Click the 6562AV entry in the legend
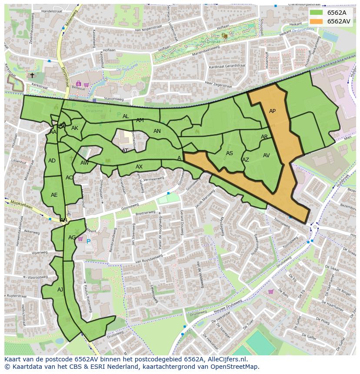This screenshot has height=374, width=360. (x=339, y=21)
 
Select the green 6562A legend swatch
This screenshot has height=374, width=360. (x=317, y=13)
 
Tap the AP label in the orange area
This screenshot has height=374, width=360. (x=272, y=111)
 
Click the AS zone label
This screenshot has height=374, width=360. (x=230, y=153)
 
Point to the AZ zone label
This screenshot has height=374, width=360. (x=246, y=160)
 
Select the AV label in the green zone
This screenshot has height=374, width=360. (x=267, y=156)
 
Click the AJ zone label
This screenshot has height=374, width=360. (x=60, y=289)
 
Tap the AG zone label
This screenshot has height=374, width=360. (x=72, y=238)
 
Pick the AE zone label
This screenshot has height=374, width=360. (x=54, y=195)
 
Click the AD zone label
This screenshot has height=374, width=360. (x=52, y=161)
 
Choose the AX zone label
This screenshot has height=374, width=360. (x=139, y=167)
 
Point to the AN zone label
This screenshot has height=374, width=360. (x=157, y=131)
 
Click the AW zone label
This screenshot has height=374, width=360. (x=84, y=163)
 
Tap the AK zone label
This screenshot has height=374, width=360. (x=75, y=128)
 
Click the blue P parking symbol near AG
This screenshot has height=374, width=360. (x=88, y=242)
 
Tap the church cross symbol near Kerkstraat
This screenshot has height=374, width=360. (x=32, y=76)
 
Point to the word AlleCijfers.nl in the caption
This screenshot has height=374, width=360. (x=226, y=359)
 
